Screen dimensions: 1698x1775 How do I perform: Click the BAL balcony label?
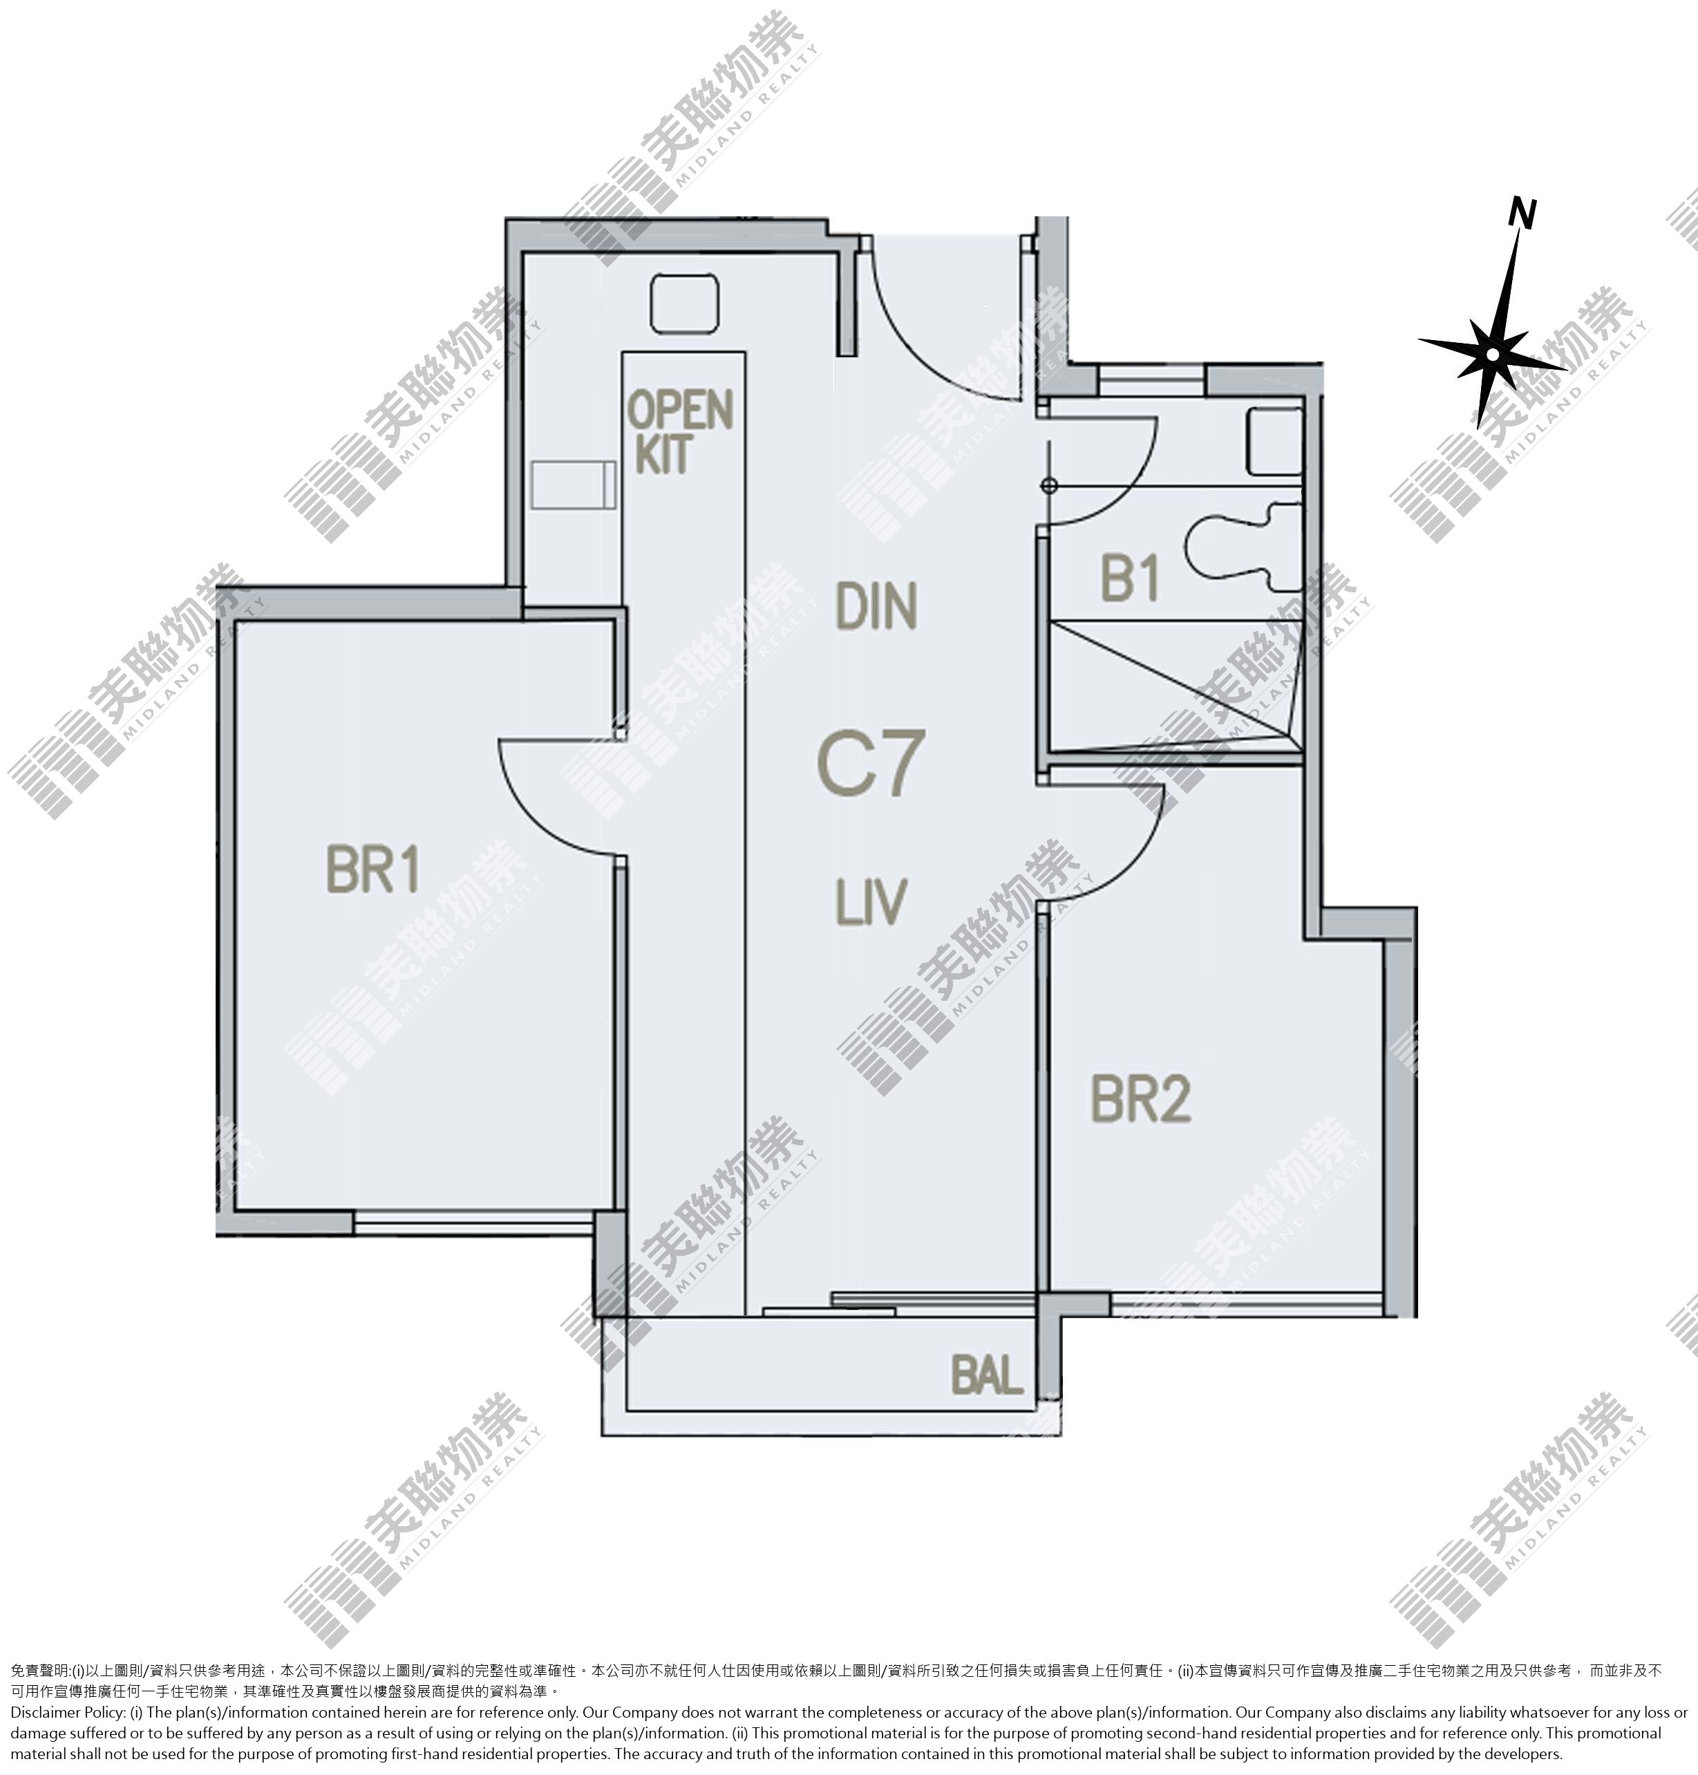click(988, 1375)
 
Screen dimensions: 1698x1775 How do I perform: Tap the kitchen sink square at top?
click(684, 304)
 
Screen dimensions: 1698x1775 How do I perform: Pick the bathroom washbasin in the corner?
click(1275, 441)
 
